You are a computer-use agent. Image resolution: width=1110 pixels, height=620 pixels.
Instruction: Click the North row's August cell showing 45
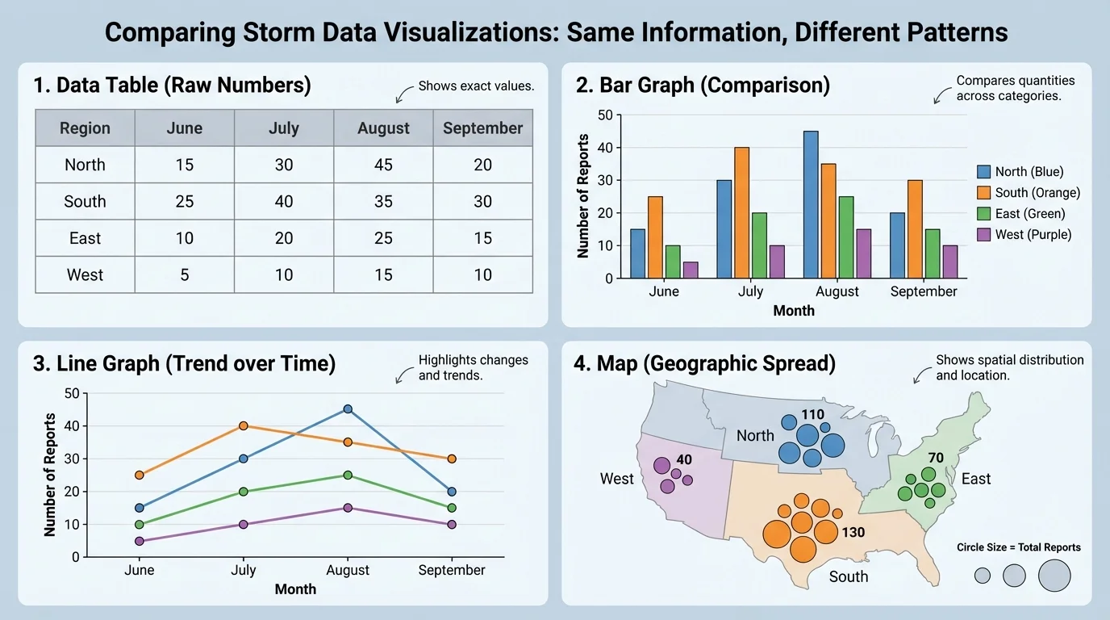[x=383, y=165]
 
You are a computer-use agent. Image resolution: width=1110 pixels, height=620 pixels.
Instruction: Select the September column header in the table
[x=482, y=128]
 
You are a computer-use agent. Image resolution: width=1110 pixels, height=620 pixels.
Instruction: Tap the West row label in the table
[x=85, y=275]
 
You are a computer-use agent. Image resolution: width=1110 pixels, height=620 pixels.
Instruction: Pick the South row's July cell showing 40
[x=283, y=202]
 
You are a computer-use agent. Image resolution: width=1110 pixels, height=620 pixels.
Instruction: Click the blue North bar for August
[x=811, y=205]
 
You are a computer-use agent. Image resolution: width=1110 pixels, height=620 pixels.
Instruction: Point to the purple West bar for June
[x=690, y=270]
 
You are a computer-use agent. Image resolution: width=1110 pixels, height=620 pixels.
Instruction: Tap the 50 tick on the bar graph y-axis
[x=605, y=115]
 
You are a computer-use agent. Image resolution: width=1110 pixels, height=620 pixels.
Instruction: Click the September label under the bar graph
[x=923, y=291]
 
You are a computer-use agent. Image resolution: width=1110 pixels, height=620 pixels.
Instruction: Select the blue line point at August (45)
[x=348, y=409]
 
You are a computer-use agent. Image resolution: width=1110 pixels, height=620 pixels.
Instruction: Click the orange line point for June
[x=140, y=475]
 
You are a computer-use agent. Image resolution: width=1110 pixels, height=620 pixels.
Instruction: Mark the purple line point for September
[x=452, y=525]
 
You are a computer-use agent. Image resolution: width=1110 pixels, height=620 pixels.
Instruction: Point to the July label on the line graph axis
[x=243, y=570]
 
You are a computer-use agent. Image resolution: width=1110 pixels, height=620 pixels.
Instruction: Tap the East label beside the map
[x=975, y=480]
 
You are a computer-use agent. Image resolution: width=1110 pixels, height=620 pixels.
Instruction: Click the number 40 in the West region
[x=684, y=460]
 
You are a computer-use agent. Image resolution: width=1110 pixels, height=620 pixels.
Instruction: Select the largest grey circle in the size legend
[x=1054, y=576]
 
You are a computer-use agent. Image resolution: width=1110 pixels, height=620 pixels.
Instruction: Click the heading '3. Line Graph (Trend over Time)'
[x=184, y=364]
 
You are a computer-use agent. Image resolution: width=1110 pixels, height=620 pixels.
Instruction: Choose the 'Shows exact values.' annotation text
[x=476, y=86]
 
